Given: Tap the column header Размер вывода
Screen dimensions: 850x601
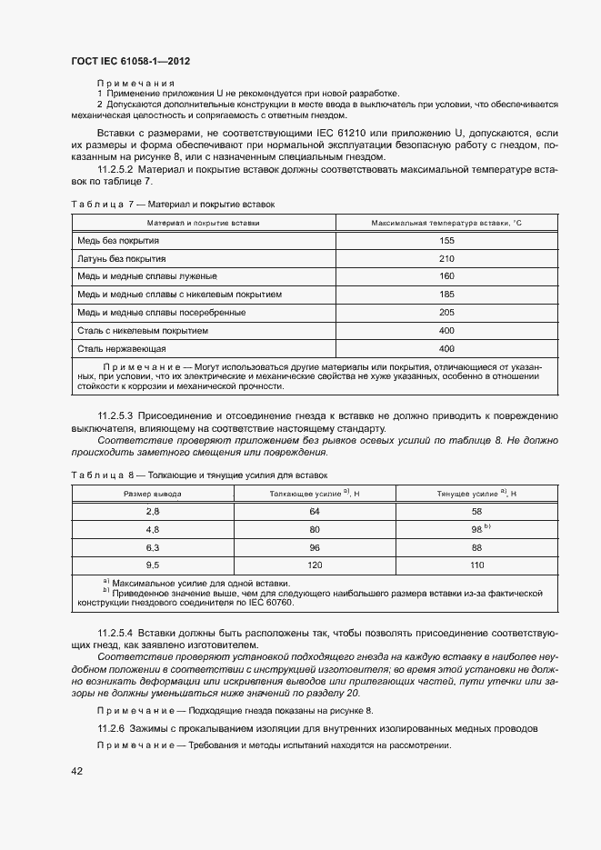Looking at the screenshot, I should click(152, 494).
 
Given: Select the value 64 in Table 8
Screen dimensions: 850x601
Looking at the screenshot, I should click(316, 512).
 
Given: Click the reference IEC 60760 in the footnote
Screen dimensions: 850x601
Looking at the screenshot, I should click(261, 604).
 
